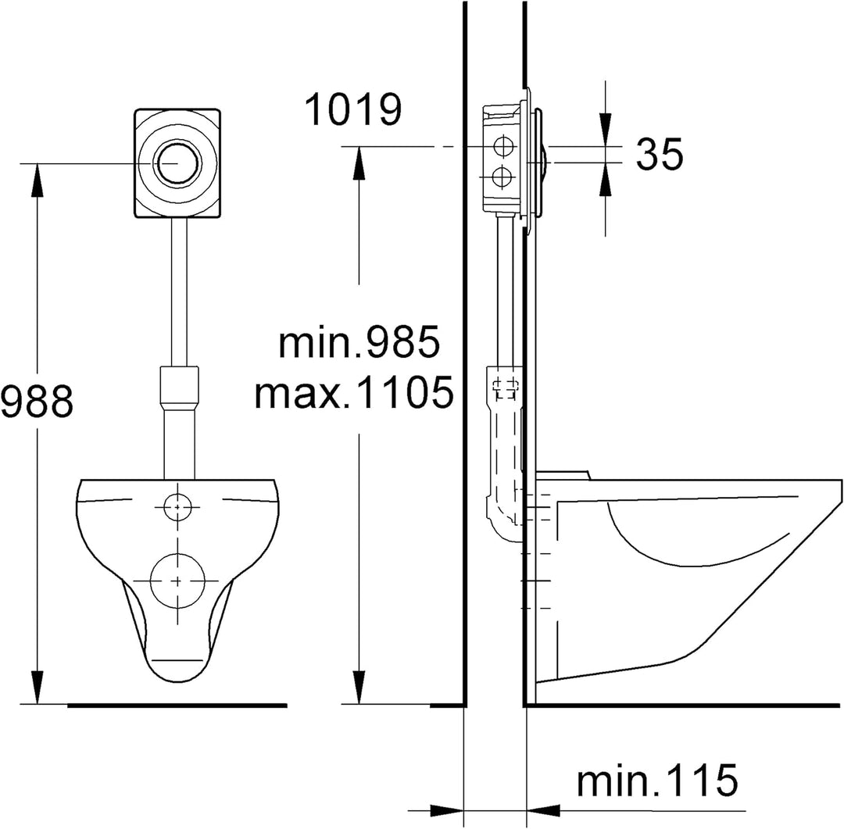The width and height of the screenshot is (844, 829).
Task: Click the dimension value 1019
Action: (x=353, y=109)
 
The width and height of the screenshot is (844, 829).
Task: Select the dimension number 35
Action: (x=660, y=153)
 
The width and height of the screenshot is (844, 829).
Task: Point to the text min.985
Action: (x=359, y=341)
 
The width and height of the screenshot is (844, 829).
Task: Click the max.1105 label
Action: (x=354, y=392)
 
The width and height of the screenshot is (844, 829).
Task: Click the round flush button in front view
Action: (x=177, y=163)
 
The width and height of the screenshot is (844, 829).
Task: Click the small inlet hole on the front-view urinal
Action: (x=177, y=506)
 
